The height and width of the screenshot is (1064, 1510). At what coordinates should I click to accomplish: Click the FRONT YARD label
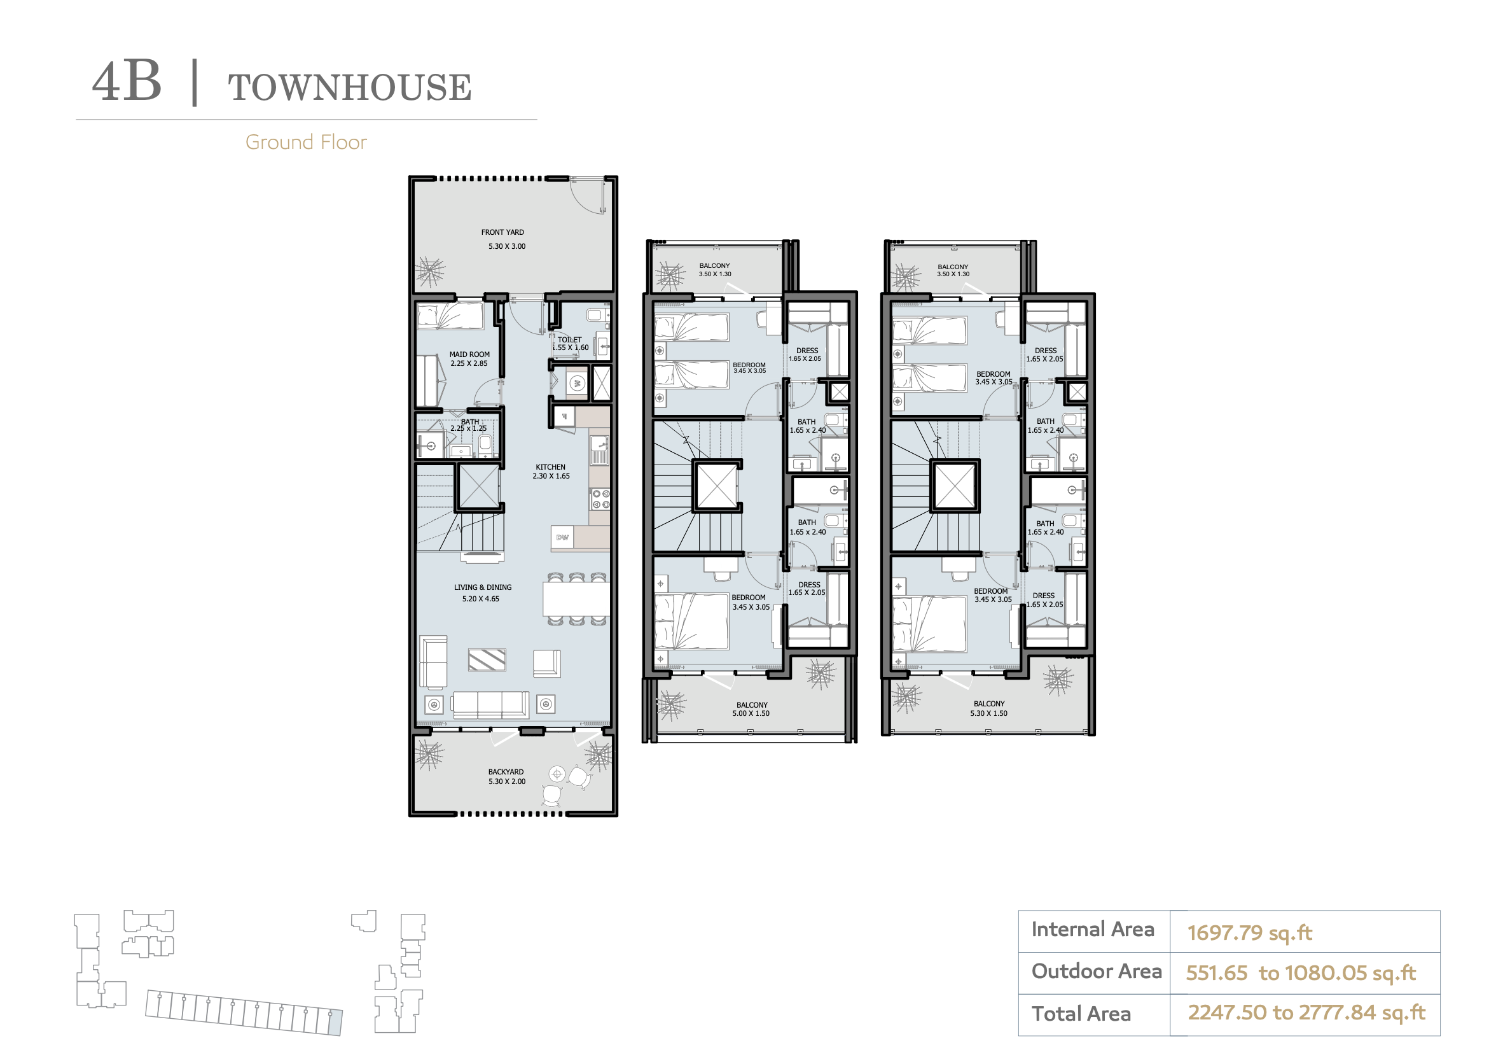pos(502,232)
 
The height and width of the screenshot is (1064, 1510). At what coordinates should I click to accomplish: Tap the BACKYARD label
pos(506,772)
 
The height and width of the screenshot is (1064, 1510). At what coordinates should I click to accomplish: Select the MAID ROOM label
pos(469,354)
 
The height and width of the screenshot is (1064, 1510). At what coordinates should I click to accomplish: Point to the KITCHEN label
pos(550,467)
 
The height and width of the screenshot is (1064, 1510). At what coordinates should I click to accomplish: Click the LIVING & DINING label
pos(483,587)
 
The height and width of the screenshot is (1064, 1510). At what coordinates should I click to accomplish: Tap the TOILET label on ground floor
pos(569,340)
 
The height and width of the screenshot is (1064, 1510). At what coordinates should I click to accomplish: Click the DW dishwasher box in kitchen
pos(562,538)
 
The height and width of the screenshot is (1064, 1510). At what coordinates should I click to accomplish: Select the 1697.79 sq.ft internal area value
pos(1250,932)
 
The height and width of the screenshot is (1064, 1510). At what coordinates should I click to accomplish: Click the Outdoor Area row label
pos(1097,971)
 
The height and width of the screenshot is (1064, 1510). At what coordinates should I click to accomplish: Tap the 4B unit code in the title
pos(127,81)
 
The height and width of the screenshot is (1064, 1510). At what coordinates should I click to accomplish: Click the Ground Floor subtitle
pos(306,142)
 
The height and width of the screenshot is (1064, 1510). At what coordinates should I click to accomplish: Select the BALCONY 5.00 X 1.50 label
pos(752,709)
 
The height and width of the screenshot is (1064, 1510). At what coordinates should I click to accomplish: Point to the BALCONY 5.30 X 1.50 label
pos(989,708)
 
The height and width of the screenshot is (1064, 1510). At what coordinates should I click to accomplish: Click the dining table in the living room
pos(576,599)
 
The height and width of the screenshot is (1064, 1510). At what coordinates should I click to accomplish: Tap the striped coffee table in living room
pos(487,660)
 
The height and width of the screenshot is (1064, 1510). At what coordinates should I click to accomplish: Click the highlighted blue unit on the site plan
pos(335,1023)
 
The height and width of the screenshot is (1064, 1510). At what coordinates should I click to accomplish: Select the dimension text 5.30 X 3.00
pos(507,246)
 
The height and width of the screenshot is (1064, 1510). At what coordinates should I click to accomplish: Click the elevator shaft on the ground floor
pos(479,486)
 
